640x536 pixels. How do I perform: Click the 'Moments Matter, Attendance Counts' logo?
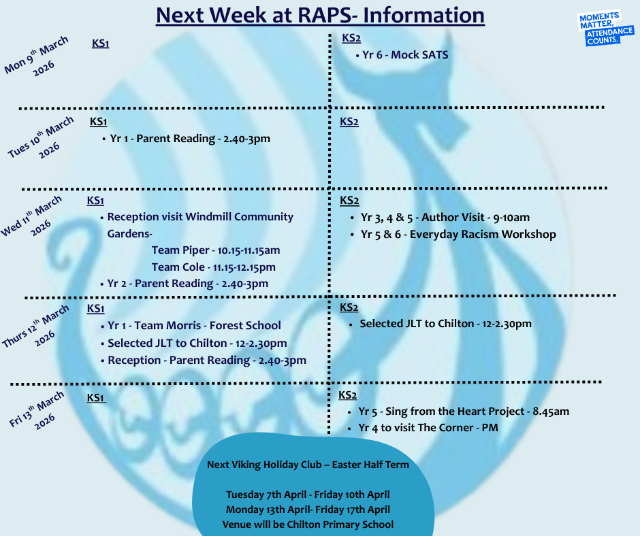606,29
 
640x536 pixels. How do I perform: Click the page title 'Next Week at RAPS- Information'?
321,16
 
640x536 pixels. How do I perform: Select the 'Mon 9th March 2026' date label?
37,56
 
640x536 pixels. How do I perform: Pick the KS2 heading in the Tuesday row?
349,122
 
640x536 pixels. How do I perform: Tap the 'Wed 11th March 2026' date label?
32,216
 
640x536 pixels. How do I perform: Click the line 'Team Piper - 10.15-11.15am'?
216,250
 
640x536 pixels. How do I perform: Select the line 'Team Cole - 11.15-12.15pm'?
214,267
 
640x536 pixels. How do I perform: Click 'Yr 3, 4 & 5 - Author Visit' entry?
445,218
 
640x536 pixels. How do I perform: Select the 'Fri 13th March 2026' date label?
37,410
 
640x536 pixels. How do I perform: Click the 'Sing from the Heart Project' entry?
464,411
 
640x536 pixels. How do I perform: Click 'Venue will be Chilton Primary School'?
308,524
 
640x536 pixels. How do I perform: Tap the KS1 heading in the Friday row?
96,398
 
